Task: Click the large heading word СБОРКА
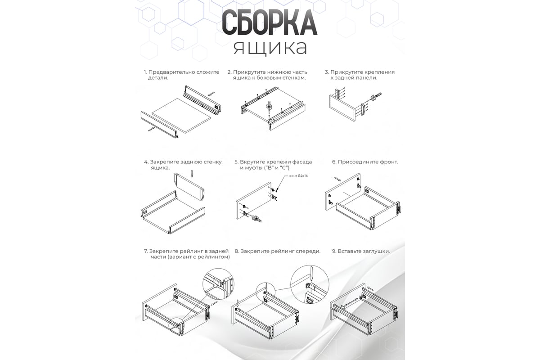coord(270,22)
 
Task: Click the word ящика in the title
coord(270,48)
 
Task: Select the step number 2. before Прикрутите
coord(229,72)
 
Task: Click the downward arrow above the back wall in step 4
coord(192,174)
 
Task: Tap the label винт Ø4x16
coord(298,176)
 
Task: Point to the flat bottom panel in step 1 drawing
coord(181,115)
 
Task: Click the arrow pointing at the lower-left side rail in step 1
coord(151,129)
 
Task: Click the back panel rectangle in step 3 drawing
coord(342,108)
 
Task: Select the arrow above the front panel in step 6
coord(338,179)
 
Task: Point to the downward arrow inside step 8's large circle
coord(311,274)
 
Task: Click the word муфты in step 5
coord(251,168)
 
